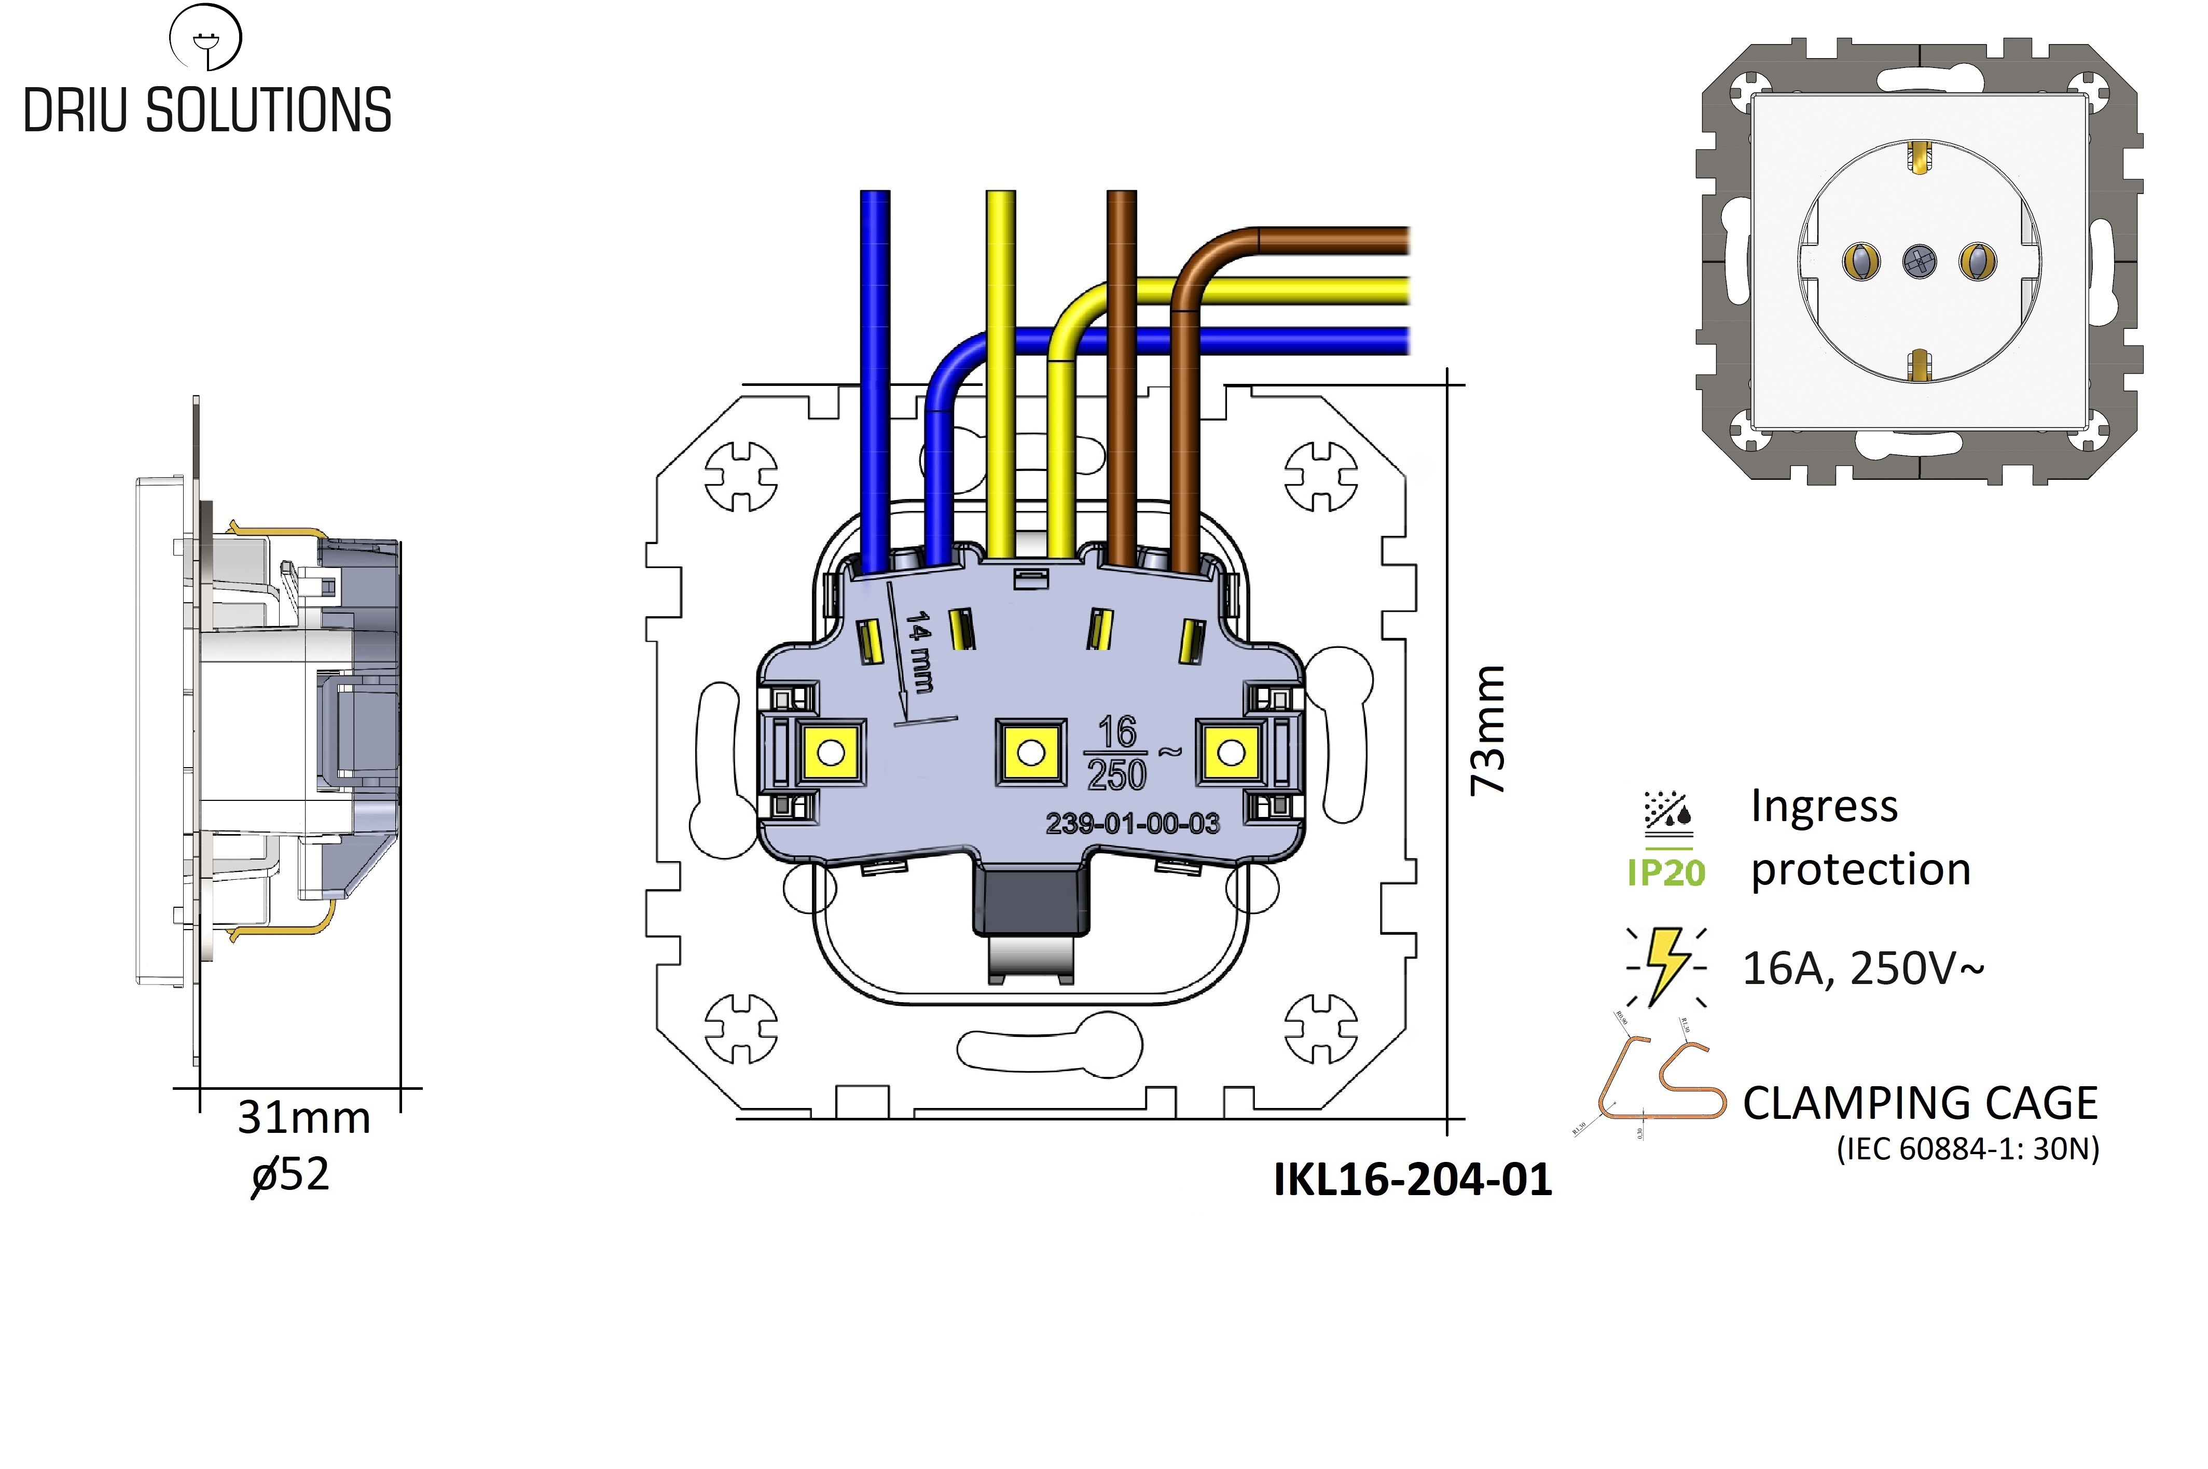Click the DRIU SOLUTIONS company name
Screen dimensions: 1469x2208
[x=207, y=110]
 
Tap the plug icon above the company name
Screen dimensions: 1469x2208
[x=205, y=37]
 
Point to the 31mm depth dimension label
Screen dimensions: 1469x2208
[x=303, y=1118]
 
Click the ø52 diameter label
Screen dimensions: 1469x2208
[x=291, y=1175]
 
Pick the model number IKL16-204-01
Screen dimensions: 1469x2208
[x=1412, y=1179]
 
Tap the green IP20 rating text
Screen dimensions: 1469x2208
[x=1666, y=872]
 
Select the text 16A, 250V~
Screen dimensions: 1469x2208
[x=1862, y=968]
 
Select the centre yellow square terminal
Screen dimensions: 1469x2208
[x=1030, y=752]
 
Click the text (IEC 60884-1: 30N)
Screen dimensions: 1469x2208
[x=1967, y=1148]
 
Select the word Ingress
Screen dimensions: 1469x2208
[x=1824, y=806]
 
